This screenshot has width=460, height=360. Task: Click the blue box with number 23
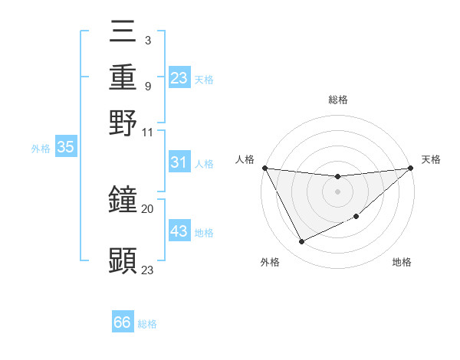(179, 78)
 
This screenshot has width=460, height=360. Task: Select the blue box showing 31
(179, 162)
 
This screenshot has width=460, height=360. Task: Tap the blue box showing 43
(179, 231)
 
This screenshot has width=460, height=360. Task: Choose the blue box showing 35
(65, 148)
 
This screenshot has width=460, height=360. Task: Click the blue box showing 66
(123, 322)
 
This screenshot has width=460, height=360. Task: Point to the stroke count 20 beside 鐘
(147, 208)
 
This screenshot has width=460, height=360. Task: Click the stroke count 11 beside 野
(147, 131)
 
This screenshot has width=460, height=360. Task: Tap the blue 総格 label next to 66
(147, 324)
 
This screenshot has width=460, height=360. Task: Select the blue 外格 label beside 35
(40, 149)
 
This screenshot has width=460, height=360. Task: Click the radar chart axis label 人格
(245, 159)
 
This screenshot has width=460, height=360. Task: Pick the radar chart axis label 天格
(431, 159)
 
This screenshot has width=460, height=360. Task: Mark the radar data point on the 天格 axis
(410, 168)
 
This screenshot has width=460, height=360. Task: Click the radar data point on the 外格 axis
(301, 242)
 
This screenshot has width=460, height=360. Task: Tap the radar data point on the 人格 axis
(264, 168)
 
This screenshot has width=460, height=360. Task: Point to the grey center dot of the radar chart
(337, 191)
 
